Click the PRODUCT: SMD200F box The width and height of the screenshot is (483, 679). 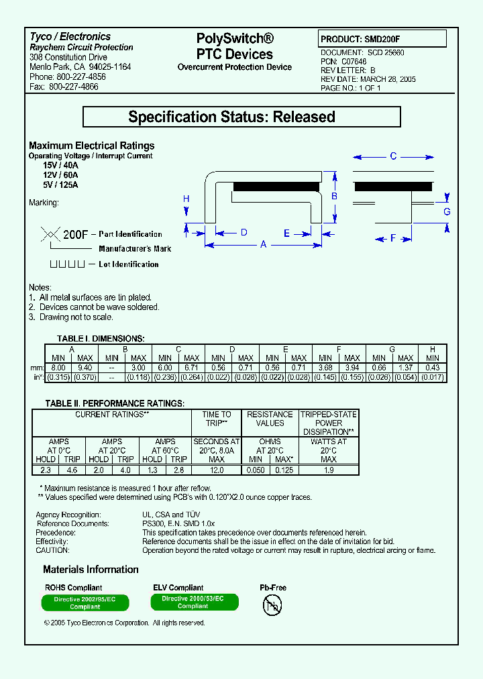click(381, 39)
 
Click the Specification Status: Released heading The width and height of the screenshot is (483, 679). click(241, 117)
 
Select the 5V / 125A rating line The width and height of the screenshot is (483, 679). click(60, 185)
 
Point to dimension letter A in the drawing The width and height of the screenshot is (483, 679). click(264, 245)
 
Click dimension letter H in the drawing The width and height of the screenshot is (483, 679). click(186, 199)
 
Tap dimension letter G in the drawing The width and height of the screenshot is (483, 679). click(447, 212)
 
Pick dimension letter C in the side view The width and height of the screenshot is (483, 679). click(393, 156)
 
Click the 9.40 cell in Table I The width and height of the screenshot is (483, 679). click(85, 368)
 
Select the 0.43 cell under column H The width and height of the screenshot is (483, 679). click(433, 368)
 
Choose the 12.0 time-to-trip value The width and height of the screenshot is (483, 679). click(216, 470)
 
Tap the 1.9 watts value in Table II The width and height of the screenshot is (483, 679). click(328, 470)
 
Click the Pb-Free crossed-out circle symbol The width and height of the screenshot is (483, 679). click(272, 605)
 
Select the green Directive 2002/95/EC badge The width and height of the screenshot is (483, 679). click(85, 603)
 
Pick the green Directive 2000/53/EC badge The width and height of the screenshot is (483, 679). click(193, 602)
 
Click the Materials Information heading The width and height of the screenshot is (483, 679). click(91, 570)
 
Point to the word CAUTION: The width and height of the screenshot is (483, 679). click(52, 550)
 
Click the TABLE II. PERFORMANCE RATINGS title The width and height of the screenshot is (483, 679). click(114, 403)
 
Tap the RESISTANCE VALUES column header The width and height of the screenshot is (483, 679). click(270, 419)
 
